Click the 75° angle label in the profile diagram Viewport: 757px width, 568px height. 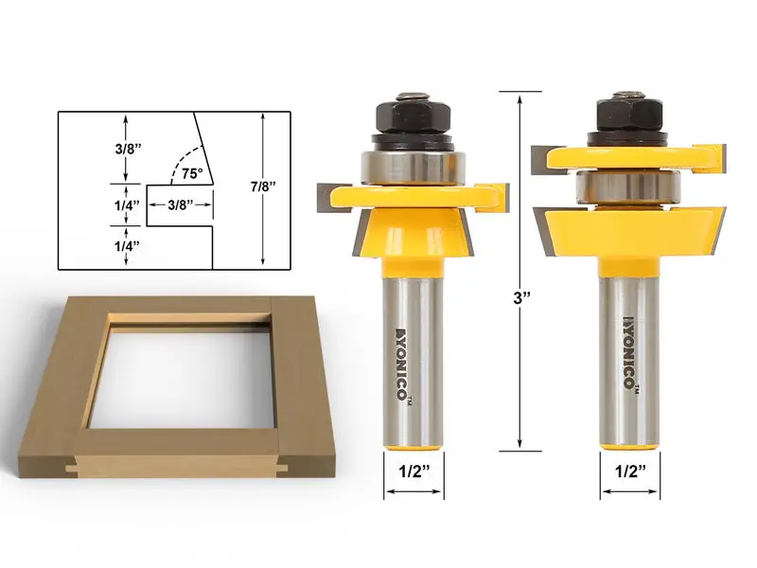pos(193,173)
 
